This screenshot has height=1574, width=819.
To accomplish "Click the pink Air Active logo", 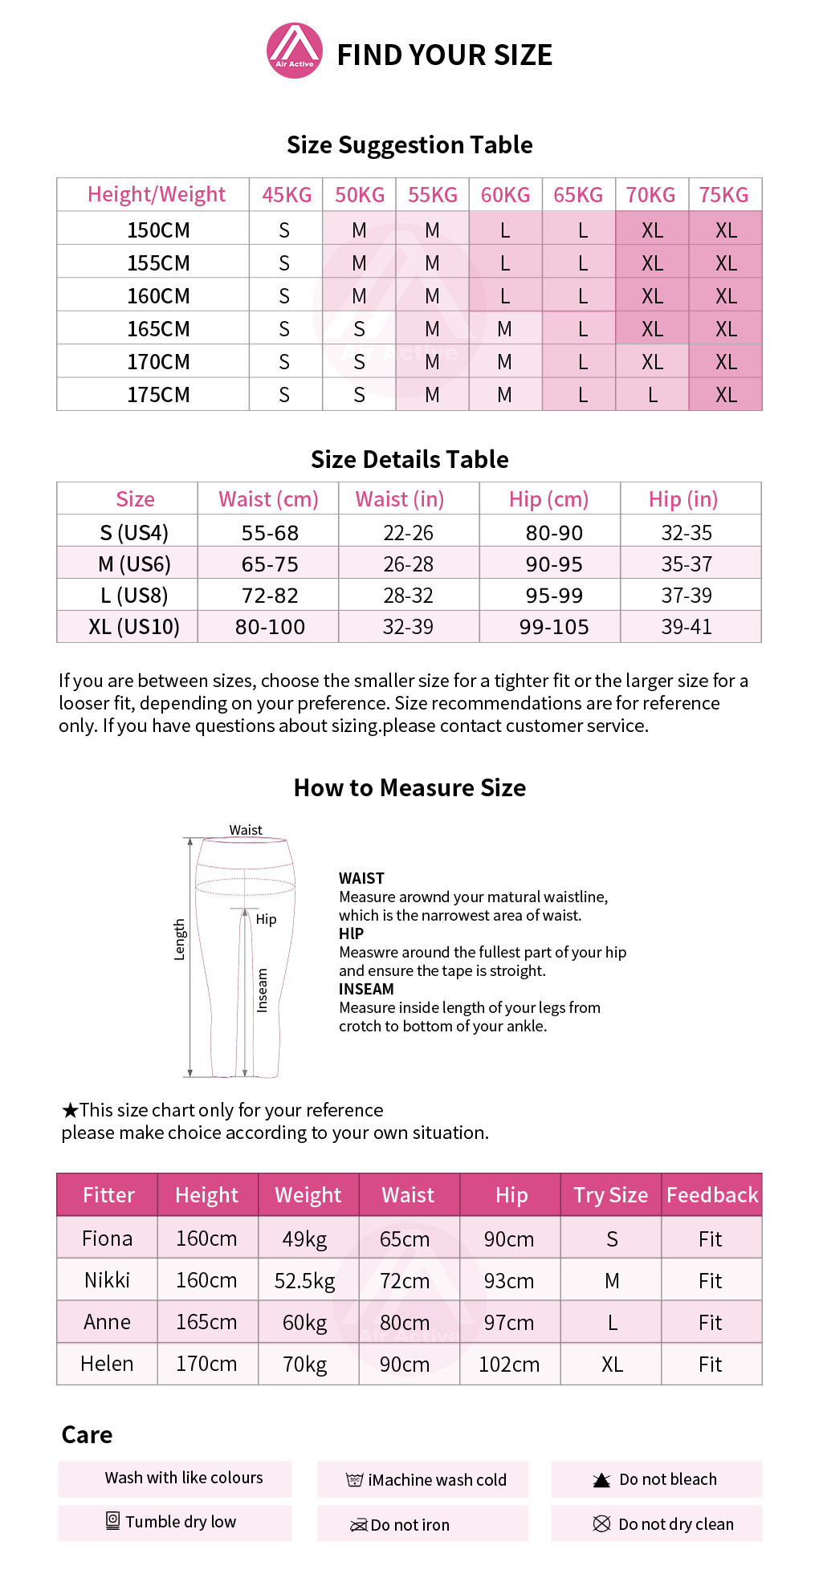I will coord(295,51).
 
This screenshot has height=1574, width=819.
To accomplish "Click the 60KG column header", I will coord(505,195).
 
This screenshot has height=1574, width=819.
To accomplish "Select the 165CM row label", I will coord(158,329).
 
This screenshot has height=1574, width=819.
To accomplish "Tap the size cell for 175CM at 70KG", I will coord(652,395).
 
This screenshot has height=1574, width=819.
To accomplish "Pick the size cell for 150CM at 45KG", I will coord(284,230).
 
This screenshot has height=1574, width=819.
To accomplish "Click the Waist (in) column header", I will coord(400,499).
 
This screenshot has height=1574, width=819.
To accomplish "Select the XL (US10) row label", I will coord(134,627).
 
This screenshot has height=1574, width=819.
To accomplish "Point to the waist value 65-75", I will coord(270,564).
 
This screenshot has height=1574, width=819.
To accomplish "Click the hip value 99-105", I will coord(554,627).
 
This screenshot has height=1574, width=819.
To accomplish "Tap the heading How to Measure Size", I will coord(409,788).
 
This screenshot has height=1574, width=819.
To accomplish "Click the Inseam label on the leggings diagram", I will coord(262,990).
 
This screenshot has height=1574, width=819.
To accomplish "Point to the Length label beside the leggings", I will coord(179,940).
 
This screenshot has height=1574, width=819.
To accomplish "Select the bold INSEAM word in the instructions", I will coord(366,989).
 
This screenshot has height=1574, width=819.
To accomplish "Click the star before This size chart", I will coord(70,1111).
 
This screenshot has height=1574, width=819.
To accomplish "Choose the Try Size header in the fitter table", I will coord(610,1195).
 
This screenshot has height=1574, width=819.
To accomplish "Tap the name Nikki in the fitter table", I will coord(107,1280).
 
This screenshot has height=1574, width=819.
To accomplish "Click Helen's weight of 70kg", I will coord(304,1364).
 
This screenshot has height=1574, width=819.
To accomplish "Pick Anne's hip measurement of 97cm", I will coord(509,1322).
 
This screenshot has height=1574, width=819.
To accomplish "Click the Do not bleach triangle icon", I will coord(601,1480).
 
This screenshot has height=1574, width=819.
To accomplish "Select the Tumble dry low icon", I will coord(113,1520).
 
